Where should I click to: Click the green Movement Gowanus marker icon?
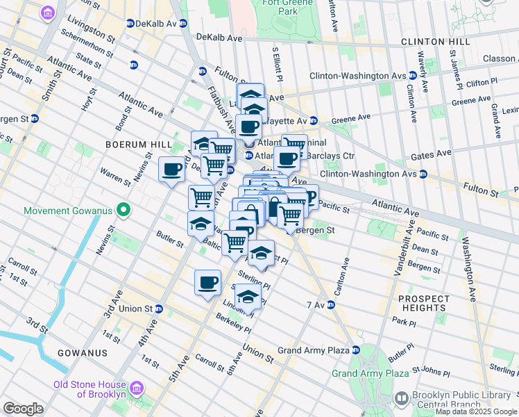124,209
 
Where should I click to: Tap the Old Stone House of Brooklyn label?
90,389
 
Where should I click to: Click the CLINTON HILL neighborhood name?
435,42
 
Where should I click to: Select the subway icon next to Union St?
159,309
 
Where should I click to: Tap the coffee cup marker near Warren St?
172,169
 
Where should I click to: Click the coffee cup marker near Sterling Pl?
207,282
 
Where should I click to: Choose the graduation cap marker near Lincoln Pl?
248,297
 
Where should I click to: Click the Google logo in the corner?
23,409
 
